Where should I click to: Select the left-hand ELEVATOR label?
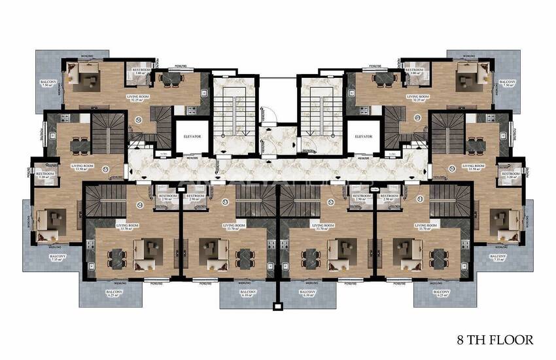192,136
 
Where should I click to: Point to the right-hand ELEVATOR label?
363,136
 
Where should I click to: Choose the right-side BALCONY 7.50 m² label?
507,84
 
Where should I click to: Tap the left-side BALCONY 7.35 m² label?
58,257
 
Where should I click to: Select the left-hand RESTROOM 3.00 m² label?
142,71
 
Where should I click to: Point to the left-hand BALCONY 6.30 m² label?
248,294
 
